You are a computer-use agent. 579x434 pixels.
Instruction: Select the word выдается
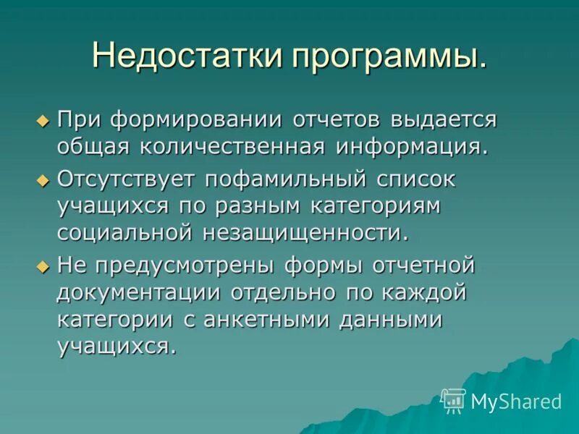tap(443, 119)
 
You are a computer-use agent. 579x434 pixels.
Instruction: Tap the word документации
tap(139, 294)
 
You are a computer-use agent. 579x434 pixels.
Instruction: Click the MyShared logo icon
tap(453, 400)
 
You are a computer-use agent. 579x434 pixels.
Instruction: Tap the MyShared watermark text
tap(516, 401)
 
